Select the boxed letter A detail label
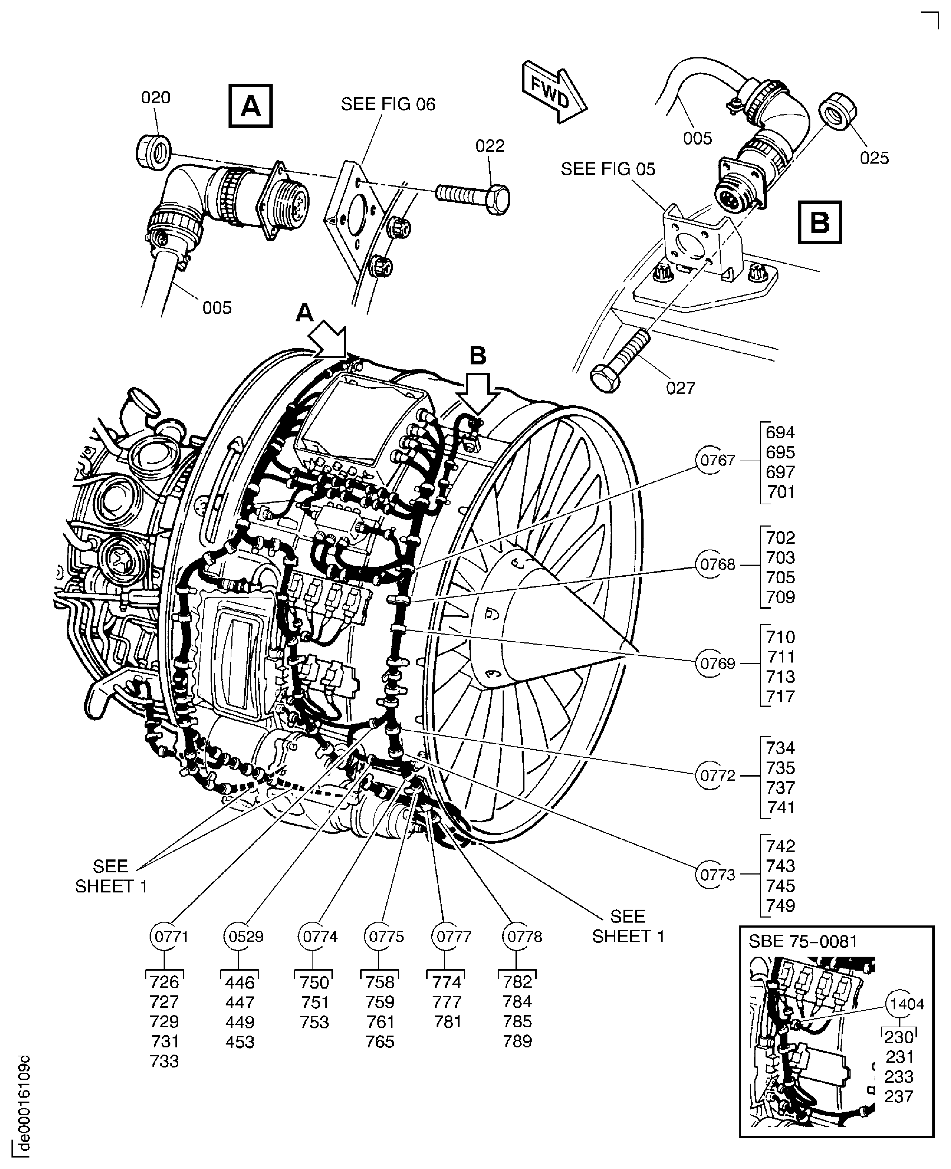pyautogui.click(x=250, y=106)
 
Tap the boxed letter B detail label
pyautogui.click(x=820, y=222)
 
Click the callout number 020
pyautogui.click(x=156, y=98)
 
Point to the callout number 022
pyautogui.click(x=490, y=146)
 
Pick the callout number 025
pyautogui.click(x=874, y=158)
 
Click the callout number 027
pyautogui.click(x=681, y=388)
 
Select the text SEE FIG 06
pyautogui.click(x=388, y=104)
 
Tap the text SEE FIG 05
pyautogui.click(x=608, y=169)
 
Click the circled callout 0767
pyautogui.click(x=717, y=461)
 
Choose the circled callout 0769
pyautogui.click(x=717, y=664)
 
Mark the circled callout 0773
pyautogui.click(x=717, y=875)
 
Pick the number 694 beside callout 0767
pyautogui.click(x=780, y=433)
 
